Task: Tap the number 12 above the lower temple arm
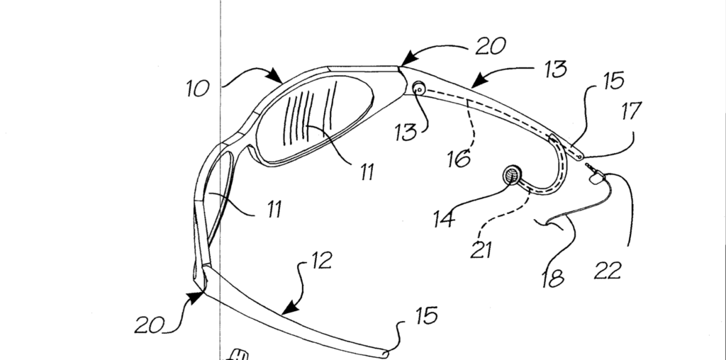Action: tap(321, 261)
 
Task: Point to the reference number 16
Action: tap(459, 158)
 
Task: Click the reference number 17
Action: tap(630, 112)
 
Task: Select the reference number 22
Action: tap(609, 269)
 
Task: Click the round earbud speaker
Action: tap(511, 174)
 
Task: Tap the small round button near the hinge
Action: tap(419, 88)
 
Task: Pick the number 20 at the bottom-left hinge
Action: tap(150, 325)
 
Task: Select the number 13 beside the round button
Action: tap(405, 133)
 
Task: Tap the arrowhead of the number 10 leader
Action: tap(278, 77)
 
